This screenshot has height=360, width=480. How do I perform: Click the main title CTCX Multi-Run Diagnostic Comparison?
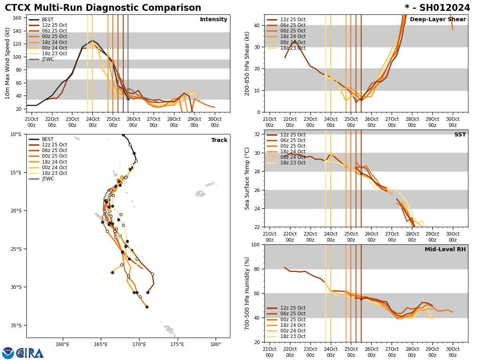103,8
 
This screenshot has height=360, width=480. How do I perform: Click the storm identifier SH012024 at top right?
437,8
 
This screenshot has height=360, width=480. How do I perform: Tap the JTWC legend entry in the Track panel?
48,179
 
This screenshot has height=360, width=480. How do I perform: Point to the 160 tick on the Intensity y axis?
18,18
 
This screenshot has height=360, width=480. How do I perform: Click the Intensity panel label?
214,20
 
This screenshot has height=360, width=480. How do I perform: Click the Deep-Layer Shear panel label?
438,20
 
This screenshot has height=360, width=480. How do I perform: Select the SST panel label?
460,135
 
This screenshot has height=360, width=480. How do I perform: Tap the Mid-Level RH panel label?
445,250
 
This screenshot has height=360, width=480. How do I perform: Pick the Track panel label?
219,140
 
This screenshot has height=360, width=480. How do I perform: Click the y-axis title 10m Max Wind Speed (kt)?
8,63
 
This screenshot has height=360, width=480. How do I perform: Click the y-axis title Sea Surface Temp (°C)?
248,178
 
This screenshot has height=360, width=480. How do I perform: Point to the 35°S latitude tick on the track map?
16,326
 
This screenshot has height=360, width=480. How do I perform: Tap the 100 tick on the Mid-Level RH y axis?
254,244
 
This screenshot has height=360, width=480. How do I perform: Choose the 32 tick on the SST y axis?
256,134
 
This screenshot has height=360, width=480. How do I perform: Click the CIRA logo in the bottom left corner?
23,353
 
